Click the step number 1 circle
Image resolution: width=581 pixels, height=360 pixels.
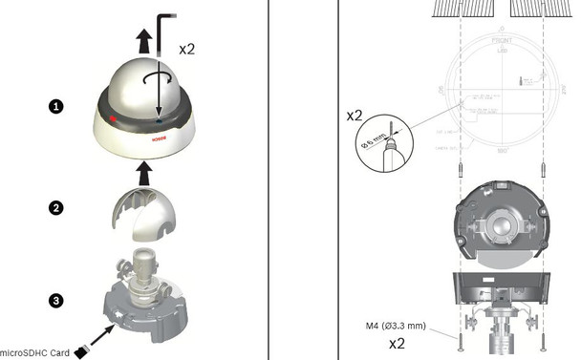click(56, 107)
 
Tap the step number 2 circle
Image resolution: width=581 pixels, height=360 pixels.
click(56, 206)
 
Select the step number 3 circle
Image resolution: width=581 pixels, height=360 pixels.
click(56, 300)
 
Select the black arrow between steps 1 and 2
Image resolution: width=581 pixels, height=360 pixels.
click(142, 173)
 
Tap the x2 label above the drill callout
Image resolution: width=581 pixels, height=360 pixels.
click(354, 115)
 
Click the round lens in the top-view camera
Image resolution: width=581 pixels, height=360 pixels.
click(501, 225)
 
